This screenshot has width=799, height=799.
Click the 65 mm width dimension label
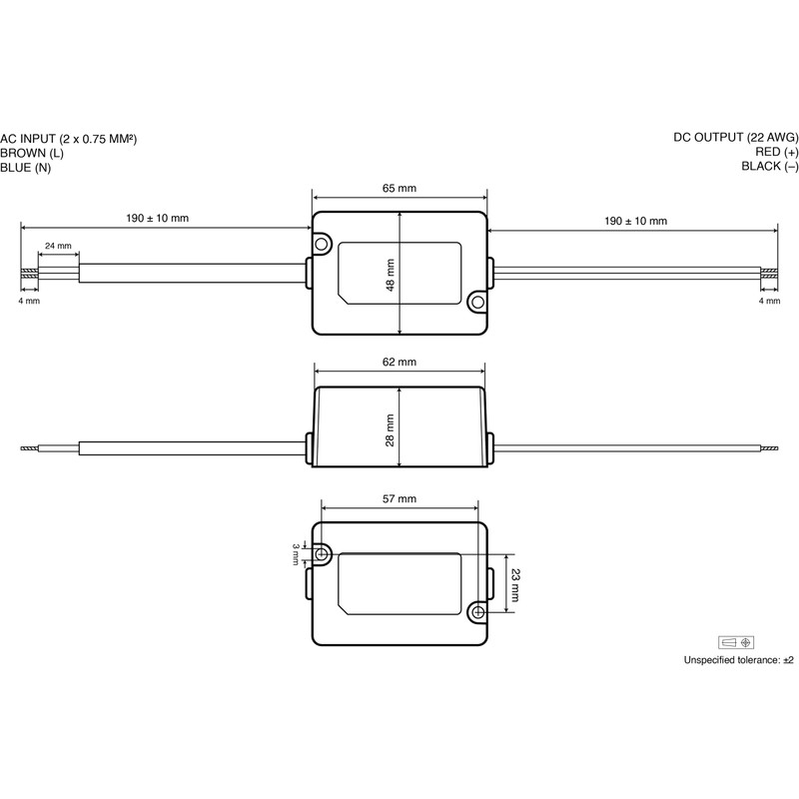pos(399,188)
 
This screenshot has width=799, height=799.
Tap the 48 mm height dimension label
pos(391,276)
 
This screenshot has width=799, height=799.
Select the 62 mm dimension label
pos(399,362)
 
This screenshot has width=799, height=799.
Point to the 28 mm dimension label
pos(391,430)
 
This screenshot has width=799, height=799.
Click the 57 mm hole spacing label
pos(399,498)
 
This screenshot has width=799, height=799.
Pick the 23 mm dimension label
pos(514,585)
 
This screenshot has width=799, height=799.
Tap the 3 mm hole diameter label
pos(296,554)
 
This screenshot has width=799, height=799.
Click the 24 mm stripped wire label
pos(58,246)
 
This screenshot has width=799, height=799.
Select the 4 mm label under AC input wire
pos(29,301)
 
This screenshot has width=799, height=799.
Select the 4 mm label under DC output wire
pos(769,301)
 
